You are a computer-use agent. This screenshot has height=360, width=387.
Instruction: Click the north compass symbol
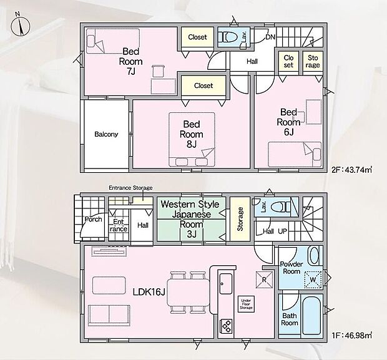(20, 24)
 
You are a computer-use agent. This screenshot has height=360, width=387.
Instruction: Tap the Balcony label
(106, 134)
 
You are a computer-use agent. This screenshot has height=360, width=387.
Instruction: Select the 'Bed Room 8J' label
(192, 134)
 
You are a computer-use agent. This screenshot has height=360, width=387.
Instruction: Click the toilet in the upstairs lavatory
(228, 37)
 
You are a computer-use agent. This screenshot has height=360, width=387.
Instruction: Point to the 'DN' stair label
(270, 37)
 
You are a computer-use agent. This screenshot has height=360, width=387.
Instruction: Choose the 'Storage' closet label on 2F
(313, 61)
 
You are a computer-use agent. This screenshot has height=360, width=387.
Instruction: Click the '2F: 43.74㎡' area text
(351, 170)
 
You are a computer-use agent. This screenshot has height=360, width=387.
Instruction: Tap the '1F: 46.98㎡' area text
(351, 336)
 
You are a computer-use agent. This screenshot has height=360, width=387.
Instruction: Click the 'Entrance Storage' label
(130, 188)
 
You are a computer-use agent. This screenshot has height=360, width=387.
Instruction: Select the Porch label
(93, 219)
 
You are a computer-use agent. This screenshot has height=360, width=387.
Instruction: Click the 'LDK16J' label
(149, 292)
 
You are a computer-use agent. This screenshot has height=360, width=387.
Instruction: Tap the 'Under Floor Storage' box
(246, 304)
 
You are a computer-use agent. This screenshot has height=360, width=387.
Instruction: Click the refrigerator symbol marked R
(264, 280)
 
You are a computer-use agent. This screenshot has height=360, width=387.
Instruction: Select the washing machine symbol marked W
(313, 280)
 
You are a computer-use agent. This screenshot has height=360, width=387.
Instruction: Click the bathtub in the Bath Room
(311, 316)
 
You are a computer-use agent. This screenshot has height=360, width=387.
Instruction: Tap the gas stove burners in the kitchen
(227, 326)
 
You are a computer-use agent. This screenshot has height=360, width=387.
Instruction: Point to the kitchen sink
(226, 284)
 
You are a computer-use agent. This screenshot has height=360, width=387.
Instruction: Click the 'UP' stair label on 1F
(283, 231)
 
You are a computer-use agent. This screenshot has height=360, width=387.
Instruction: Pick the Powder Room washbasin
(315, 256)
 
